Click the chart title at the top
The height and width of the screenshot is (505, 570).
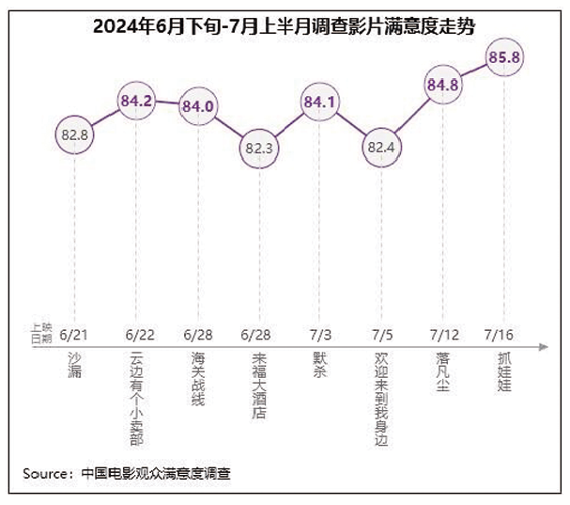284,27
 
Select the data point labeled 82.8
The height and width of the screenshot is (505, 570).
73,135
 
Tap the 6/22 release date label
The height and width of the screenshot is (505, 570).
138,333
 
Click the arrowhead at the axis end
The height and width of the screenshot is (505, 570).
544,347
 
